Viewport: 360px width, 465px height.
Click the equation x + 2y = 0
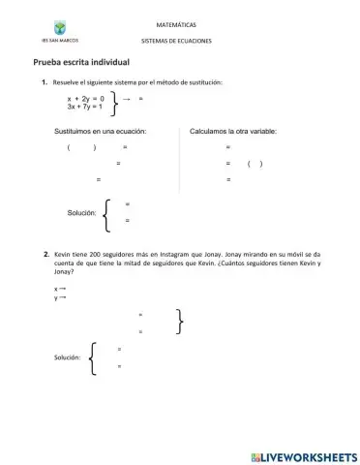click(x=85, y=99)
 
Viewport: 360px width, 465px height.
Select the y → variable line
click(x=60, y=297)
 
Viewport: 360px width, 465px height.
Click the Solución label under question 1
click(x=80, y=211)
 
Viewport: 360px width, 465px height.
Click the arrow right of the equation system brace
click(x=127, y=99)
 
